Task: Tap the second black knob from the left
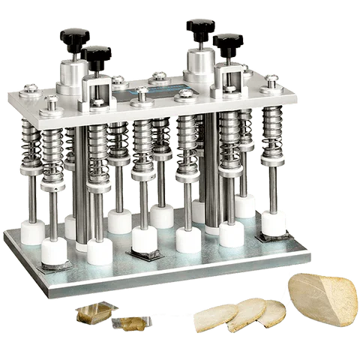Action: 98,55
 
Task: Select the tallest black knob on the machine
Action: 201,28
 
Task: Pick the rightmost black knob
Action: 228,43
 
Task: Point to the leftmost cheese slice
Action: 214,318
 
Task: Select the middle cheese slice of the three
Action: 247,313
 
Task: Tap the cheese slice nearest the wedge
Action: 272,312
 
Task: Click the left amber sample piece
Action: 94,313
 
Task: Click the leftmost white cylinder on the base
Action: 32,232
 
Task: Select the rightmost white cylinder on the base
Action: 274,223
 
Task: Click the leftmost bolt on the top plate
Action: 29,90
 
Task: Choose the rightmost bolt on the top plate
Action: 272,80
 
